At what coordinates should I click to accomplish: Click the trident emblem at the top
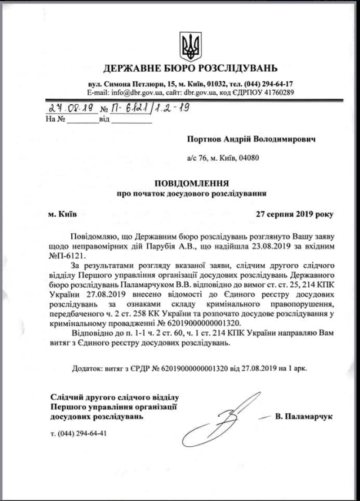pyautogui.click(x=190, y=45)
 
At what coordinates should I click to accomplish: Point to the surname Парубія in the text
pyautogui.click(x=151, y=245)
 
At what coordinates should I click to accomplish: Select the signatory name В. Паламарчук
pyautogui.click(x=304, y=417)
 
